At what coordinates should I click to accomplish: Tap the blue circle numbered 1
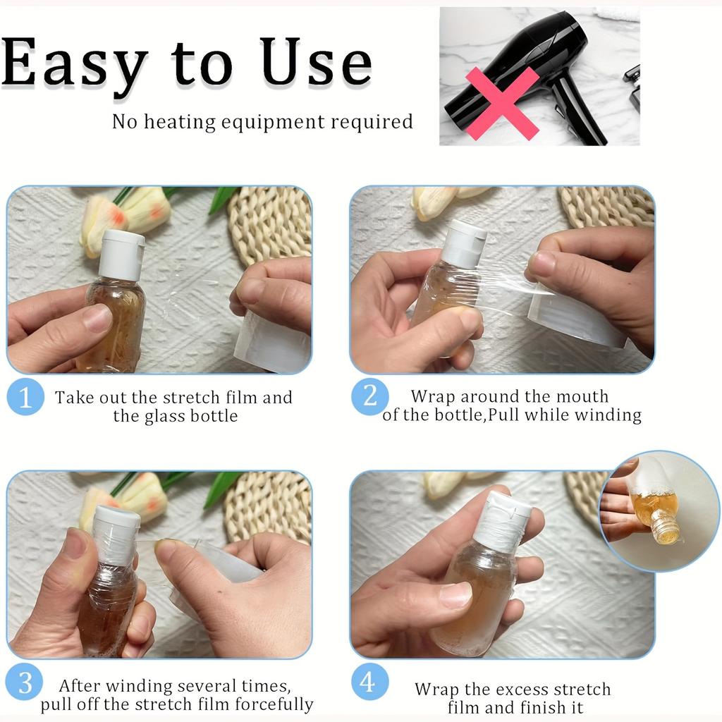pyautogui.click(x=25, y=396)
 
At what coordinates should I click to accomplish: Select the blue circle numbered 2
pyautogui.click(x=369, y=396)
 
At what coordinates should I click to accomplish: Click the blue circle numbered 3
pyautogui.click(x=25, y=682)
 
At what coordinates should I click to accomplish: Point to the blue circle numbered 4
pyautogui.click(x=369, y=682)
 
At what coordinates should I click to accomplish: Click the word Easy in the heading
pyautogui.click(x=73, y=64)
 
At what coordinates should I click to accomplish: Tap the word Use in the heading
pyautogui.click(x=315, y=62)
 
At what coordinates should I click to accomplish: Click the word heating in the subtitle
pyautogui.click(x=180, y=123)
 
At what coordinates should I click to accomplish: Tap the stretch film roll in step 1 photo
pyautogui.click(x=271, y=341)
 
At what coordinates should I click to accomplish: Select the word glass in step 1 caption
pyautogui.click(x=165, y=417)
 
